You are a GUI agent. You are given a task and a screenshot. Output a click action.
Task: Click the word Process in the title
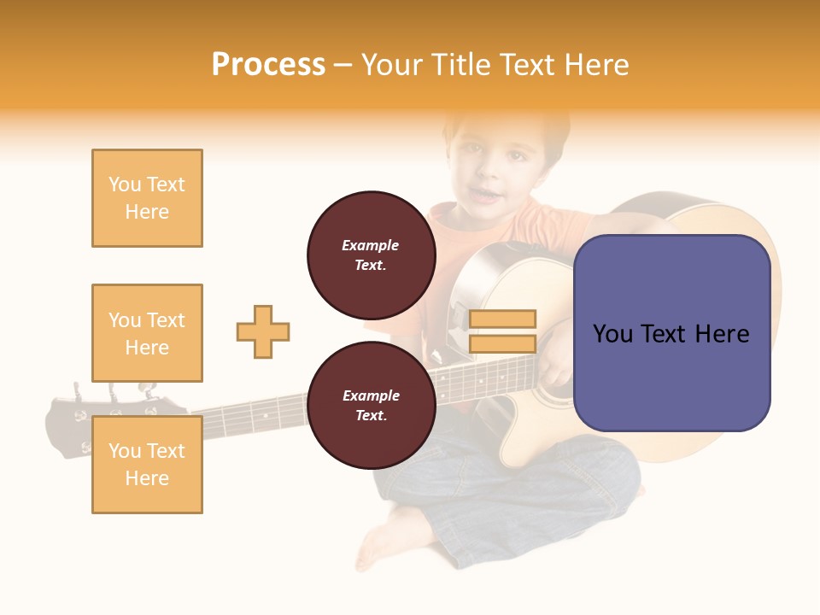pos(268,65)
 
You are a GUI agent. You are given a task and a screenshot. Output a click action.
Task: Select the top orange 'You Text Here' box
pos(147,198)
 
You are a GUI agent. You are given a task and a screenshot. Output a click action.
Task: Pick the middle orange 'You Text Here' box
pos(147,333)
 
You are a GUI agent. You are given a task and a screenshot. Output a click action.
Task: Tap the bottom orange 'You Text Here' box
pos(147,464)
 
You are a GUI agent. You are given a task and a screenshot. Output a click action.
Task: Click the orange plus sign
pos(263,331)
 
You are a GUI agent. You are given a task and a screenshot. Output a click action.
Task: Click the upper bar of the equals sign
pos(502,319)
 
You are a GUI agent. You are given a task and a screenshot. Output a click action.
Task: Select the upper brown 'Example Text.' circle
pos(371,255)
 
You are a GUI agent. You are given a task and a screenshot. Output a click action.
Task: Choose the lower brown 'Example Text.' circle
pos(371,405)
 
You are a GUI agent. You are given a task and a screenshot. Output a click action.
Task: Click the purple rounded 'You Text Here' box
pos(671,333)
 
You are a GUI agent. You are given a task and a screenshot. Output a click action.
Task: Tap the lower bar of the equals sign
pos(502,343)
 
